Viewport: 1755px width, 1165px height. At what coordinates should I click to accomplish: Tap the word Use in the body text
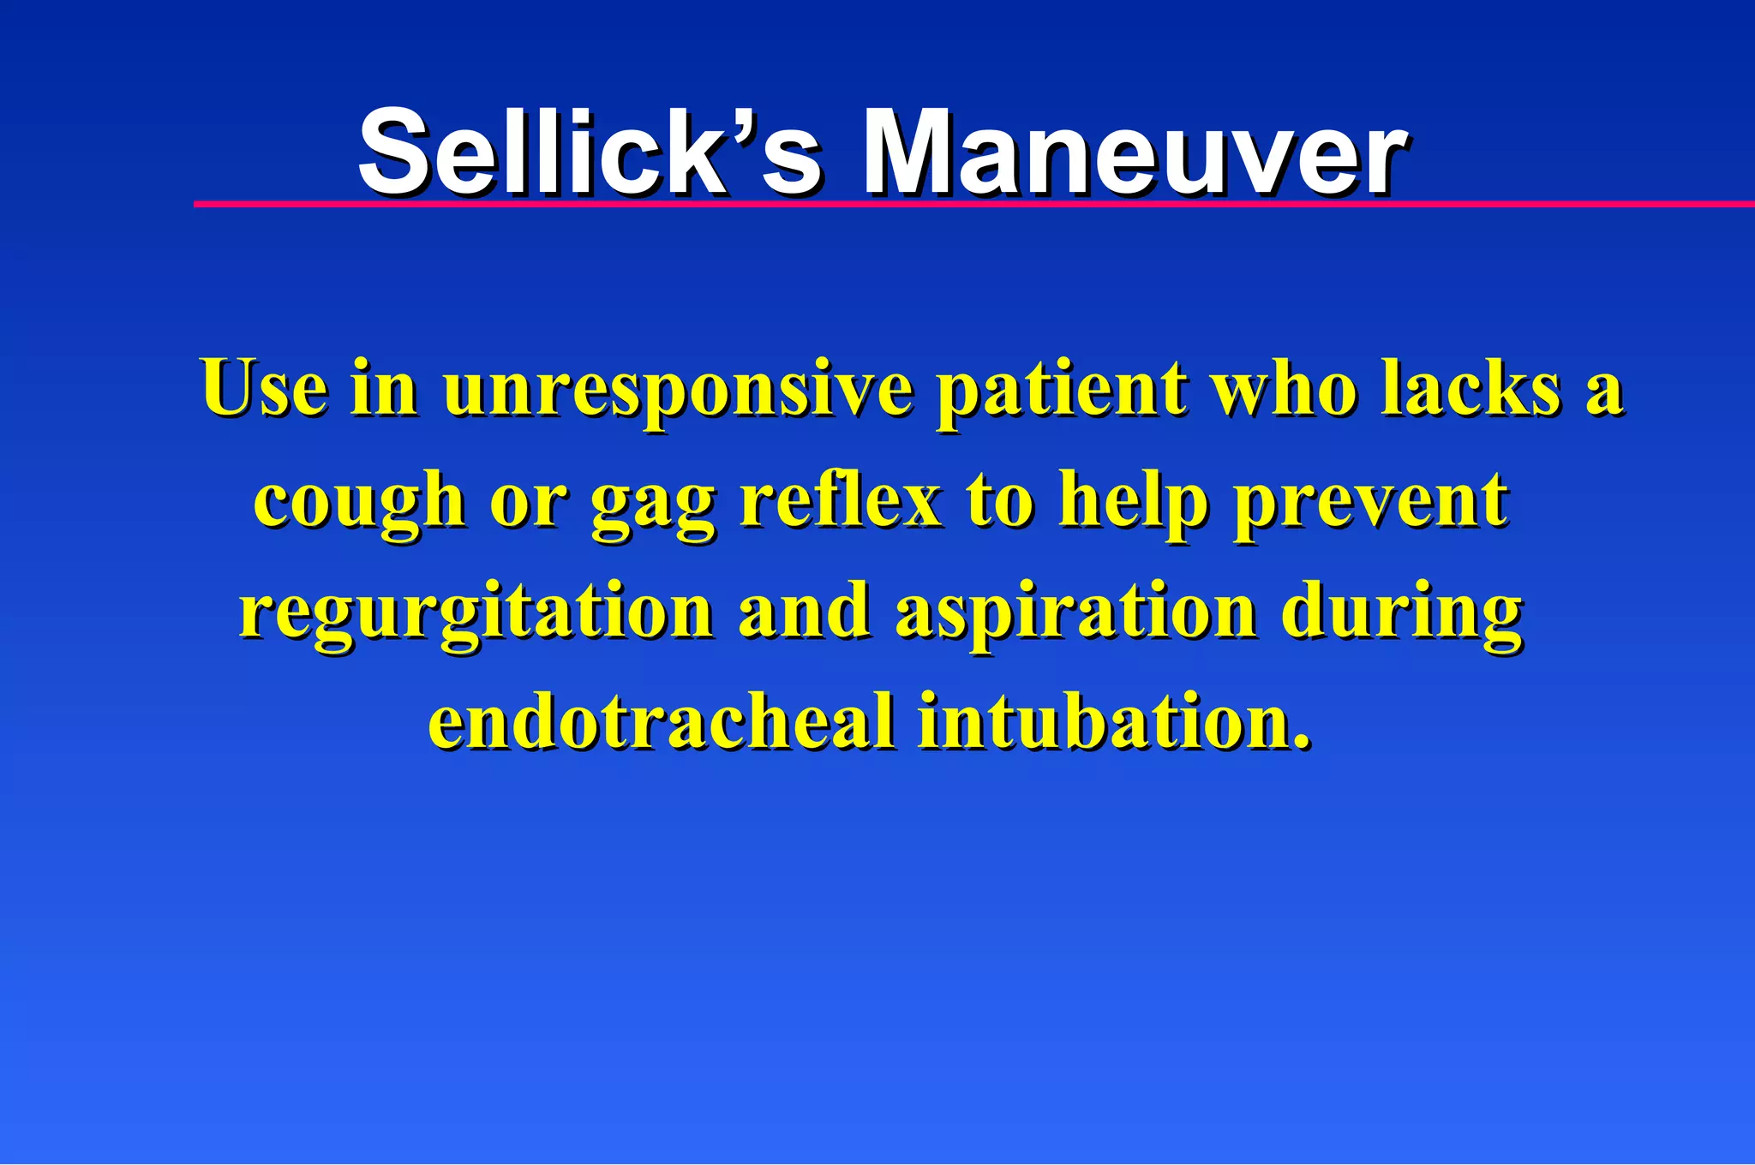[264, 387]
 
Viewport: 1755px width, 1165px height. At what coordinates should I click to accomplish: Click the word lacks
[1470, 387]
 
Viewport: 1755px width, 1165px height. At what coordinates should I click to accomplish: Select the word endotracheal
[661, 721]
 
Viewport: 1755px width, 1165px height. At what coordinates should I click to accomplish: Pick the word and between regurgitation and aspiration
[803, 612]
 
